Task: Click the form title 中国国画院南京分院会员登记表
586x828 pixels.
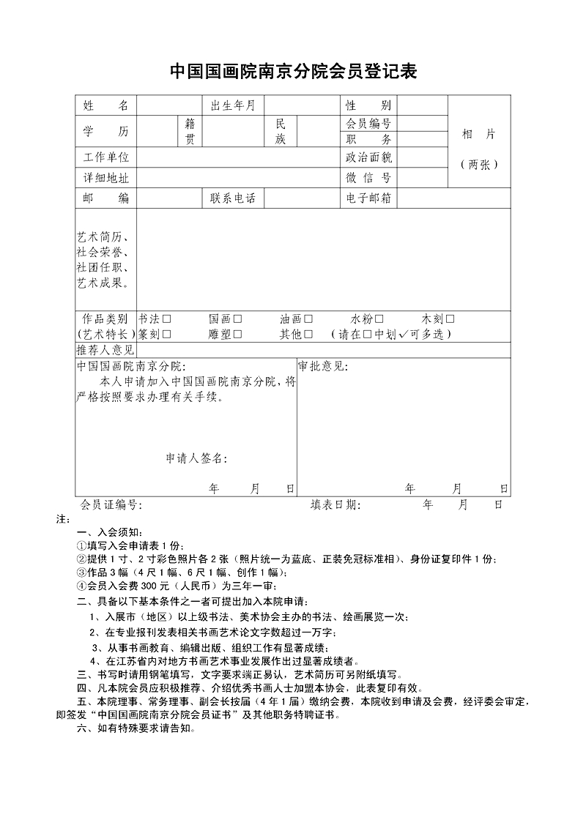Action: [293, 71]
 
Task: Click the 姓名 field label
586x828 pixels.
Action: [105, 106]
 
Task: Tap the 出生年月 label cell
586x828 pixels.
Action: [233, 106]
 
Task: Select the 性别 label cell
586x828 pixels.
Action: [368, 106]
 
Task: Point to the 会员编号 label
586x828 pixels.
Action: [368, 124]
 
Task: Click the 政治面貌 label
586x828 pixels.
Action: [368, 157]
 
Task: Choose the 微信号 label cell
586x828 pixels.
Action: [368, 178]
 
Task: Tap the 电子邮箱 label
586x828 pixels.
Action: [368, 198]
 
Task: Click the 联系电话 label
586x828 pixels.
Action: [233, 198]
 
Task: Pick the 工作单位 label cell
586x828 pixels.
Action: [105, 157]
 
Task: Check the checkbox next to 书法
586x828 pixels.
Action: [167, 319]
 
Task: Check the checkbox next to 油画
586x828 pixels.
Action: [308, 319]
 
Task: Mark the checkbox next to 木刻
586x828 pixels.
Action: [450, 319]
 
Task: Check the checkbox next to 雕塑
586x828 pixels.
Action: [238, 335]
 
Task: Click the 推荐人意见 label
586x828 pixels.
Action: [105, 351]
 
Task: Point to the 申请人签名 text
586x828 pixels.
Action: [196, 459]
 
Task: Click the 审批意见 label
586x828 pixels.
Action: [322, 366]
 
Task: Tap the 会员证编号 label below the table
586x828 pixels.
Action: [109, 504]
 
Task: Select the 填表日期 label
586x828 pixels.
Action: [335, 504]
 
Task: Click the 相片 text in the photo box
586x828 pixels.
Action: [479, 134]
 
